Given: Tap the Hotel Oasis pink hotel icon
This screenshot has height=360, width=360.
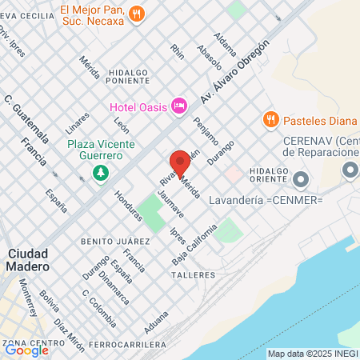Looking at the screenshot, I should coord(179,105).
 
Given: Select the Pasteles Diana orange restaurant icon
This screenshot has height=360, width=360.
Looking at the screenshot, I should coord(270,119).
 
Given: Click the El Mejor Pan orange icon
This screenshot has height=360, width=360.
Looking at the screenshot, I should coord(138,13).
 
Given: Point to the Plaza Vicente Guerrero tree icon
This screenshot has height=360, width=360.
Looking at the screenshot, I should coord(100,173).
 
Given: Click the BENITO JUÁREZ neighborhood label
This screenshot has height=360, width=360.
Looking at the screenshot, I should coord(115,240).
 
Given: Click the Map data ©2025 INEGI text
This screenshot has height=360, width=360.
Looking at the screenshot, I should coord(313,354).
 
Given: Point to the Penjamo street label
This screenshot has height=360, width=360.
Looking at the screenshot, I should coord(206,130).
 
